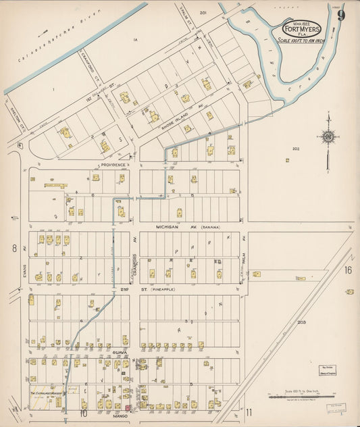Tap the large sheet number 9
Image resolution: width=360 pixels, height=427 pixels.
coord(342,15)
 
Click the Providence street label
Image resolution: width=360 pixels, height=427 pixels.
coord(113,165)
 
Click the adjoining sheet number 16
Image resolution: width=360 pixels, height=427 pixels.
coord(348,270)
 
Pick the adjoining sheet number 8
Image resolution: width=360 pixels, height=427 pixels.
coord(14,249)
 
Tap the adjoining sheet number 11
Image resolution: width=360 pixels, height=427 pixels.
coord(249,412)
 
